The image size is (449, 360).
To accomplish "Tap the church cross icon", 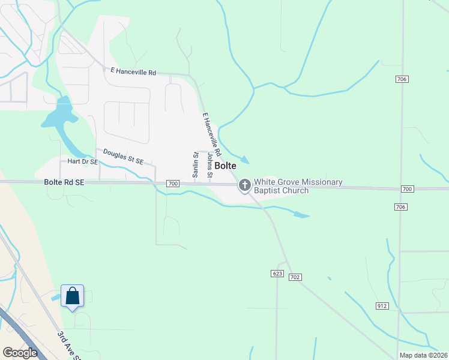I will point(244,185).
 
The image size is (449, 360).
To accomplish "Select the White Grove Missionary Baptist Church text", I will point(298,186).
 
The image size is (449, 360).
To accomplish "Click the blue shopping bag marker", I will point(72,296).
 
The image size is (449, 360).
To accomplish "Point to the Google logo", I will point(20,353).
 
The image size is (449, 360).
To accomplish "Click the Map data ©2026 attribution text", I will point(423,355).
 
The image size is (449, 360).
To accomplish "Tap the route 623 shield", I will point(277,274).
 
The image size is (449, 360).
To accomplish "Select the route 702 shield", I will point(294,277).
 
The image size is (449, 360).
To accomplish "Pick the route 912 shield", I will point(382,306).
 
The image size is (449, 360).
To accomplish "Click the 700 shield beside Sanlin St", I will point(173,183).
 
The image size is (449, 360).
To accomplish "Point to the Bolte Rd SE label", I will point(64,182).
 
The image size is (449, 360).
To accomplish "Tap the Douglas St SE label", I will point(123,157).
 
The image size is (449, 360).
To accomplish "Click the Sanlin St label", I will point(195,164).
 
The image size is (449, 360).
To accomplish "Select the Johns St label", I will point(209,166).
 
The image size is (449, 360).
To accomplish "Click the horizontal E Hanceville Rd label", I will point(133,72).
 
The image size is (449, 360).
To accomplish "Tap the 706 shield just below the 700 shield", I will point(401,207).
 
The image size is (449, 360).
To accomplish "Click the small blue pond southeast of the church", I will point(301,214).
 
